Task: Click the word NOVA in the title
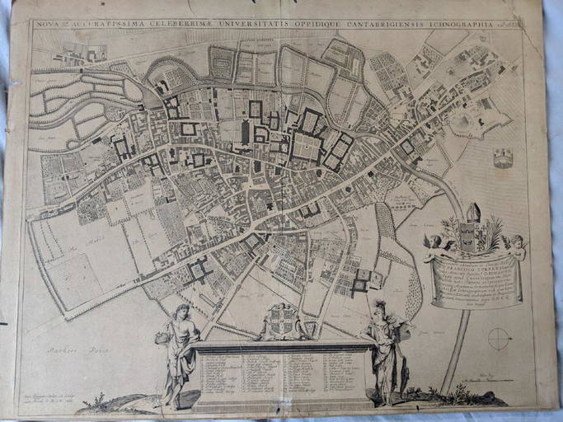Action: [x=48, y=25]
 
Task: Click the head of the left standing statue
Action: [x=183, y=312]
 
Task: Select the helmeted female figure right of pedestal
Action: [x=384, y=346]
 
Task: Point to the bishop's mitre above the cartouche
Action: [x=472, y=213]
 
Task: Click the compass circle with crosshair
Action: [x=499, y=338]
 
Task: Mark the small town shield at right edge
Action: [x=503, y=158]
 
